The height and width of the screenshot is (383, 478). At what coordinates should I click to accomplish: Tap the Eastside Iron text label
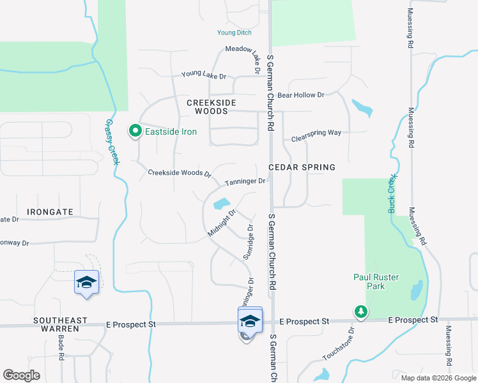pos(171,132)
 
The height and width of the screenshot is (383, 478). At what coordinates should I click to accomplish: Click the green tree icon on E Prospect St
pos(361,312)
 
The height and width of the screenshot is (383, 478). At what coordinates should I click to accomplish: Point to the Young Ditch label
pos(234,33)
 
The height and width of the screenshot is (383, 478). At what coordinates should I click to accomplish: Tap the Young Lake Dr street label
pos(204,75)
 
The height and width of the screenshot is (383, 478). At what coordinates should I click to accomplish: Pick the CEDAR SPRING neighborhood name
pos(302,167)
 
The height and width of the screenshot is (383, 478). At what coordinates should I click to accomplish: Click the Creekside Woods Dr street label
pos(180,173)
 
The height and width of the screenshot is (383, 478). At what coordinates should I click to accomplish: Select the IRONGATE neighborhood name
pos(50,211)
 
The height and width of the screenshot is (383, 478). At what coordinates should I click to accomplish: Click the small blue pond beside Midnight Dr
pos(221,204)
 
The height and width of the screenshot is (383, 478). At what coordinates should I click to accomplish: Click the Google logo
pos(22,376)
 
